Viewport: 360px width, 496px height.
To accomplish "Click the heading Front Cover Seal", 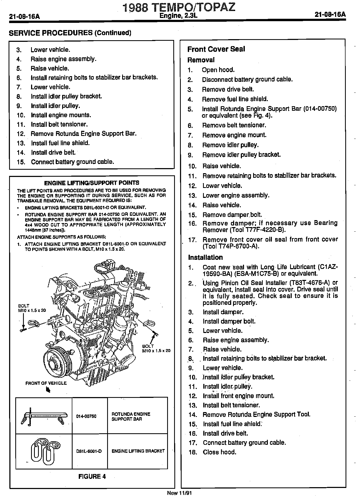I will click(216, 49).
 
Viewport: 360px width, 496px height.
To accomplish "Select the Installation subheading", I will click(205, 257).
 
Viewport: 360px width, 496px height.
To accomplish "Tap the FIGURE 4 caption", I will click(92, 476).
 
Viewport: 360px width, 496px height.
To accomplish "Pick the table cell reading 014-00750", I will click(86, 416).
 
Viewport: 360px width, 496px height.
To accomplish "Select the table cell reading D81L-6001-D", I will click(89, 451).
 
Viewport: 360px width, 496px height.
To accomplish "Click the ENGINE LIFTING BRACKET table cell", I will click(138, 451).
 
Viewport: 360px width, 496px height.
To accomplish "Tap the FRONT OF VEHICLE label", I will click(46, 383).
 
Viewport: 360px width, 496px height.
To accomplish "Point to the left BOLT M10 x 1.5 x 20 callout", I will click(32, 308).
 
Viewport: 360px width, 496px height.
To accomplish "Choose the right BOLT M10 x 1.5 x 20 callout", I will click(156, 348).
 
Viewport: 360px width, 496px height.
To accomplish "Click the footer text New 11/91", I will click(179, 493).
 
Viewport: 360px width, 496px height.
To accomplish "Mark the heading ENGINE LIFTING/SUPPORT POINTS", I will click(92, 183).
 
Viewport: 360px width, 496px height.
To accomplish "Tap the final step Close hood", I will click(219, 452).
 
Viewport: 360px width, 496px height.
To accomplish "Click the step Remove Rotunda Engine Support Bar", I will click(84, 134).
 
